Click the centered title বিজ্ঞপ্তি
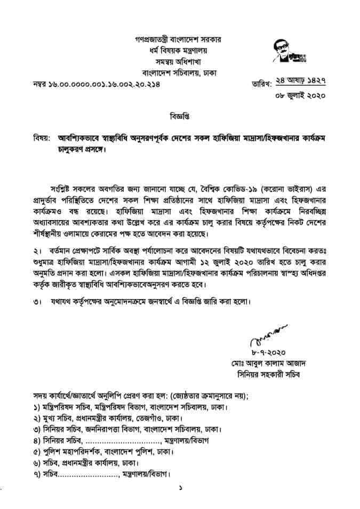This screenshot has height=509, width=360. tap(180, 115)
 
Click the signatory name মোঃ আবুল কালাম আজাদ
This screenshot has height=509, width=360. tap(271, 364)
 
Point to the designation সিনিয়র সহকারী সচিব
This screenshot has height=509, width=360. tap(271, 375)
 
